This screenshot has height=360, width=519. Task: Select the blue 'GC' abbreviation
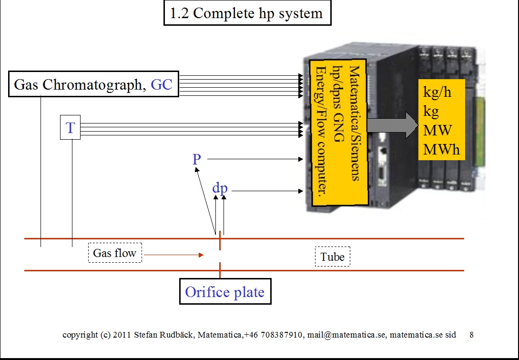(x=162, y=85)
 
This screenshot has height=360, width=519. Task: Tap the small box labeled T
(x=70, y=127)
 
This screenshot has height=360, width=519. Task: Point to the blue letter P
(x=197, y=159)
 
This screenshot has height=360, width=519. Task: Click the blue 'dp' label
(x=220, y=188)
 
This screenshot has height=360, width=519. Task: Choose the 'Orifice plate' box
(x=225, y=291)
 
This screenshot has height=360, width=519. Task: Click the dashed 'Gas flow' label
(x=115, y=253)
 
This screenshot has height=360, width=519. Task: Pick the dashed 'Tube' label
(x=332, y=257)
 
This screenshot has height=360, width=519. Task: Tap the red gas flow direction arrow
(x=174, y=255)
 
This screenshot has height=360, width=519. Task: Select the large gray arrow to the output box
(x=393, y=125)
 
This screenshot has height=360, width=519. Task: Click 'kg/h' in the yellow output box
(x=437, y=92)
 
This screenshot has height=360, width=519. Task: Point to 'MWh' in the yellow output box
(x=441, y=149)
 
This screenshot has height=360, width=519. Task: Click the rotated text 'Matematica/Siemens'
(x=354, y=123)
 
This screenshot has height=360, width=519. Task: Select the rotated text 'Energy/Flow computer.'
(x=321, y=132)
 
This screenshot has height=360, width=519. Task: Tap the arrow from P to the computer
(x=255, y=159)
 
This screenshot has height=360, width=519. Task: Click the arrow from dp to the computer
(x=267, y=191)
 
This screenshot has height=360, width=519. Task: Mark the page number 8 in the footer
(x=471, y=335)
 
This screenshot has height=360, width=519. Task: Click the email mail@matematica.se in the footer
(x=346, y=335)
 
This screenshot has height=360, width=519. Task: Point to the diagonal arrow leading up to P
(x=205, y=201)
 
